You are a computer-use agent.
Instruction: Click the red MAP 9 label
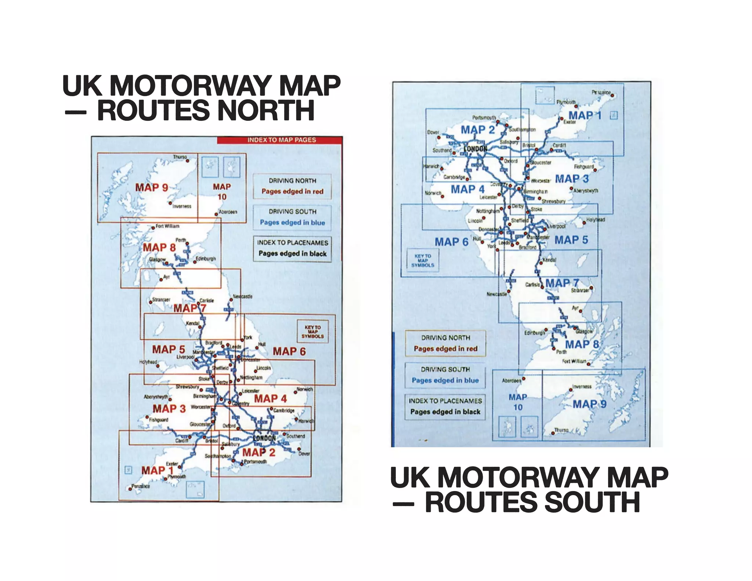(151, 188)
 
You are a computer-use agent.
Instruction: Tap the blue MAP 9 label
(589, 404)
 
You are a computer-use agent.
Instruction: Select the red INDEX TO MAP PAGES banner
(281, 140)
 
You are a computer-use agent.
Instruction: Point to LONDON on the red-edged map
(264, 438)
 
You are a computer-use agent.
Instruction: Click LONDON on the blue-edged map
(476, 149)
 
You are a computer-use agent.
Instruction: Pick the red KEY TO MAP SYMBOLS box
(312, 332)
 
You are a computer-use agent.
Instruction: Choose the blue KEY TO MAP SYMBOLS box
(423, 261)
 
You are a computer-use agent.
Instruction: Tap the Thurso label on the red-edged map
(180, 157)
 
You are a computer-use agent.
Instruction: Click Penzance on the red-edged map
(141, 486)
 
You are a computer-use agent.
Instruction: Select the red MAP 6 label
(289, 351)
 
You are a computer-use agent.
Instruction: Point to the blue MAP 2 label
(478, 130)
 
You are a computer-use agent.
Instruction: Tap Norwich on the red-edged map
(305, 389)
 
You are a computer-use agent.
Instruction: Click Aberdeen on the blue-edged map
(511, 381)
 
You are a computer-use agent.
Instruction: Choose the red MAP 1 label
(157, 470)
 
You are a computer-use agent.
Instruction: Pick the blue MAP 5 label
(571, 240)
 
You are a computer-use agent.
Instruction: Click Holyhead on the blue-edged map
(595, 220)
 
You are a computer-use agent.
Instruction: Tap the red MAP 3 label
(169, 409)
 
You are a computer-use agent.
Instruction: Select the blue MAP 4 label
(467, 190)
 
